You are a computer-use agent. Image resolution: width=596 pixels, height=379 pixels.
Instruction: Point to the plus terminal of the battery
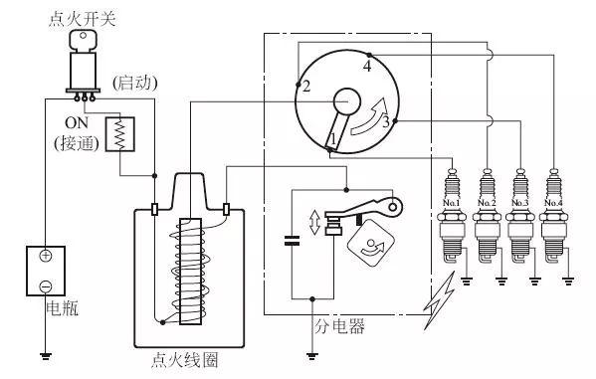click(46, 256)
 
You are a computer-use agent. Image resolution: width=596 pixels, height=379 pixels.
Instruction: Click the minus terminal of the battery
click(46, 286)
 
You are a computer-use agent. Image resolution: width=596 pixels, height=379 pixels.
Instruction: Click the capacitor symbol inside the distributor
click(292, 240)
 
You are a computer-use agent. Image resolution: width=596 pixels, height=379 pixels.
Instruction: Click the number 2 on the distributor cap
click(306, 87)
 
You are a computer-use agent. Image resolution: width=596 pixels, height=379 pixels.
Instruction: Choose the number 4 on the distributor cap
click(367, 67)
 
